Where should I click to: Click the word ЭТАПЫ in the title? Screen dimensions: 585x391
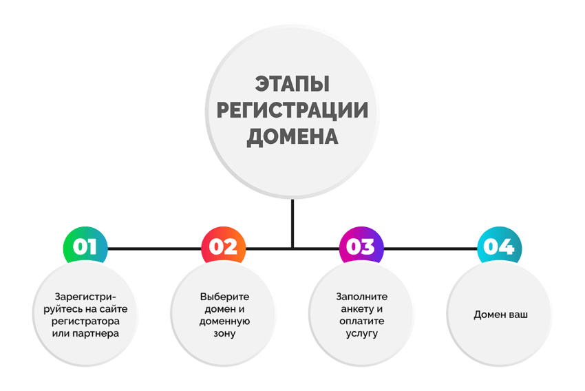[x=292, y=83]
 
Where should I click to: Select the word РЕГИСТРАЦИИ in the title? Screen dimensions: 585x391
[x=292, y=110]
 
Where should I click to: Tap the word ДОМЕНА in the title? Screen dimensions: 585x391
[x=292, y=137]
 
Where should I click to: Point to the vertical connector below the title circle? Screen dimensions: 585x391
[x=292, y=223]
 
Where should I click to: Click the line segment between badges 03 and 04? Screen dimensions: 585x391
[x=430, y=249]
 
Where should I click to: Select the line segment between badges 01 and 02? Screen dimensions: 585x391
[x=154, y=249]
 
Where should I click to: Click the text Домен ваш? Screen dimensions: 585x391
[x=500, y=315]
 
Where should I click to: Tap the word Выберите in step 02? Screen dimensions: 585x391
[x=224, y=297]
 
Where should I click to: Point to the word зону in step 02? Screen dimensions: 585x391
[x=224, y=334]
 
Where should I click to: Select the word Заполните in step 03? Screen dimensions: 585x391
[x=362, y=297]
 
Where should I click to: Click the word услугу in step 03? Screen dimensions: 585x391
[x=362, y=334]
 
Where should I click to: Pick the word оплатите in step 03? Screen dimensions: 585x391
[x=362, y=321]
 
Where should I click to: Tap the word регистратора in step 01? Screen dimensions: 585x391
[x=85, y=321]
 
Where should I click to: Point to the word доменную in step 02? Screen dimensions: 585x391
[x=224, y=321]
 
